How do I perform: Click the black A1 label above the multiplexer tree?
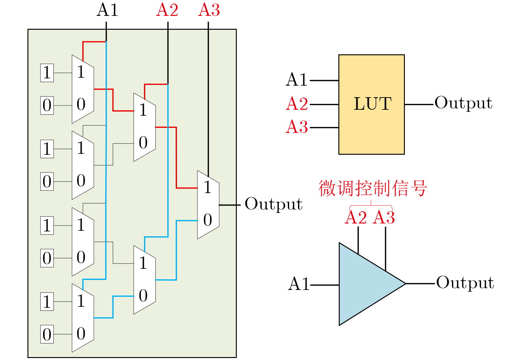(x=107, y=10)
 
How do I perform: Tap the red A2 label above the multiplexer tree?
(x=167, y=10)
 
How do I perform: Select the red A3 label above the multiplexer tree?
(x=209, y=10)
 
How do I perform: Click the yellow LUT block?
(x=371, y=132)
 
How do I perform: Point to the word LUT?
(x=373, y=104)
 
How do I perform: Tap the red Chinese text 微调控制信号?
(x=373, y=188)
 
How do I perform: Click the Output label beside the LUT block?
(x=463, y=103)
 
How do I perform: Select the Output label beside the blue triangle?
(x=465, y=283)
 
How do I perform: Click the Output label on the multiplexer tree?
(x=274, y=204)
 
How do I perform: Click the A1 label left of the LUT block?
(x=297, y=80)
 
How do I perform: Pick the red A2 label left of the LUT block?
(x=297, y=104)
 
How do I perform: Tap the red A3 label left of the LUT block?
(x=297, y=127)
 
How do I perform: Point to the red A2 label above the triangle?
(x=356, y=218)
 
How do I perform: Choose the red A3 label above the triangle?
(x=384, y=218)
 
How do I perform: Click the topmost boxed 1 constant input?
(x=47, y=73)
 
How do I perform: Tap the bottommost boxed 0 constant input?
(x=47, y=334)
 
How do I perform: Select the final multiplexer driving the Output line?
(x=208, y=204)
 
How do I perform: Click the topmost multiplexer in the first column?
(x=83, y=89)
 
